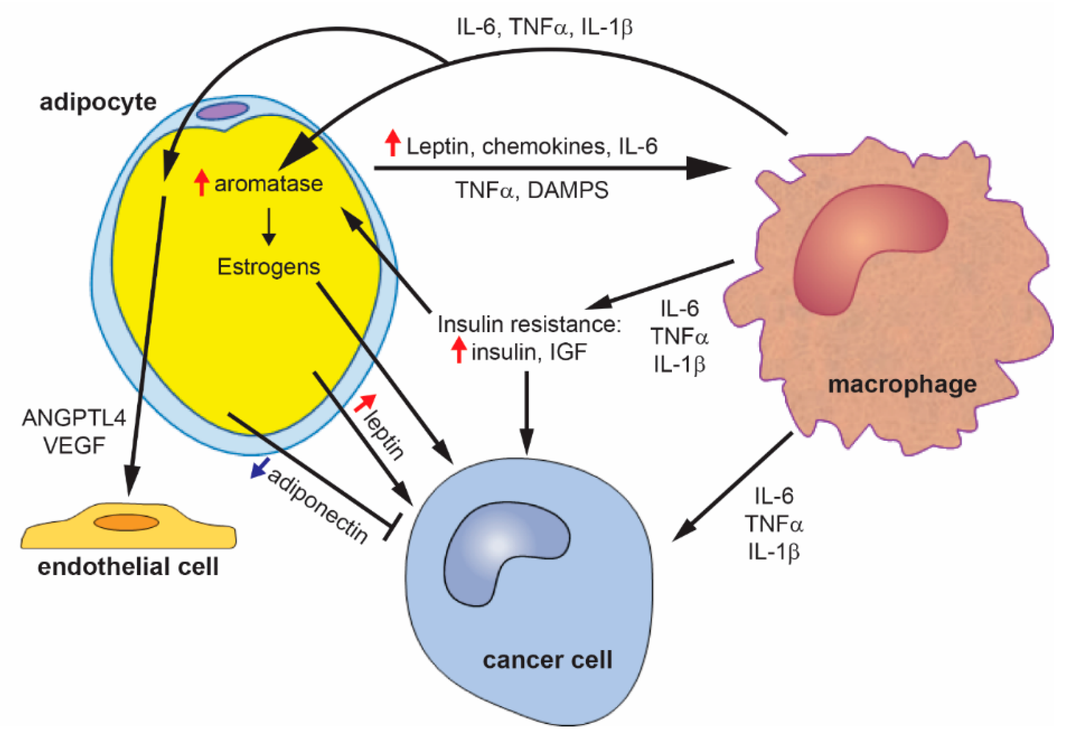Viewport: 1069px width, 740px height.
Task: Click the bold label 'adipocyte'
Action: click(x=98, y=102)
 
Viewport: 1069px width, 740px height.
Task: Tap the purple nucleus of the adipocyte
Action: click(x=222, y=111)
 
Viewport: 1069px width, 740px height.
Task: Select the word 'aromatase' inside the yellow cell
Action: click(x=268, y=183)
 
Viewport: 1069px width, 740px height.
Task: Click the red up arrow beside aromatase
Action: click(x=201, y=183)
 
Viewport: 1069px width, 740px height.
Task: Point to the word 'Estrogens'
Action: click(x=268, y=267)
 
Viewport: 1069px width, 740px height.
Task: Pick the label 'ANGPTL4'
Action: click(x=74, y=418)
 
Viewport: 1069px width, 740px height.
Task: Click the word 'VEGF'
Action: click(x=74, y=446)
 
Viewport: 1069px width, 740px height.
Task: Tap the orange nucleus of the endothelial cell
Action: click(x=126, y=522)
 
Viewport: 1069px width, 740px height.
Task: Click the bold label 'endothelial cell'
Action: click(x=128, y=566)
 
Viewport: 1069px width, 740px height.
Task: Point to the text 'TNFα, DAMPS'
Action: click(x=532, y=190)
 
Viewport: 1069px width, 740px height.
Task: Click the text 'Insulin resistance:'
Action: click(x=529, y=324)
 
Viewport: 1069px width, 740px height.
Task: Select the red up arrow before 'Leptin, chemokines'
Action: click(x=393, y=143)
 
